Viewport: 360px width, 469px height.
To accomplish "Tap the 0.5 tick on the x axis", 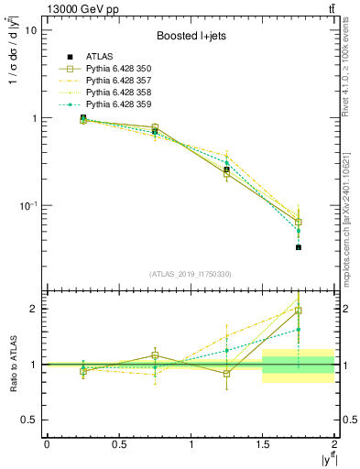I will (x=118, y=444).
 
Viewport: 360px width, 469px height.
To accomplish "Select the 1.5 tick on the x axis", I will (x=263, y=444).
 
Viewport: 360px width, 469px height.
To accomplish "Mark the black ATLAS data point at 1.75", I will (x=299, y=247).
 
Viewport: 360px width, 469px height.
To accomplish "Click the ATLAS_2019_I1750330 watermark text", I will (x=191, y=273).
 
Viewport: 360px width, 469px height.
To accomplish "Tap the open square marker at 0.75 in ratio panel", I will (x=155, y=355).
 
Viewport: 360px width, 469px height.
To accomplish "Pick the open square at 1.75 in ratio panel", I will (x=299, y=311).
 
